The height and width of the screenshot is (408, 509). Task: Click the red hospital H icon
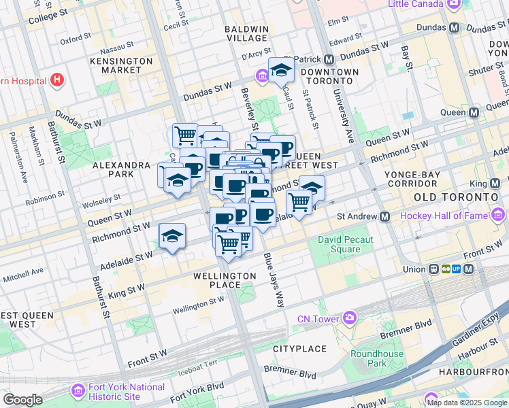[57, 80]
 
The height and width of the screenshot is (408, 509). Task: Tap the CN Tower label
[318, 319]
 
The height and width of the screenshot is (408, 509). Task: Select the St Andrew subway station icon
[385, 216]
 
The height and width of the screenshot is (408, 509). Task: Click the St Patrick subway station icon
[328, 59]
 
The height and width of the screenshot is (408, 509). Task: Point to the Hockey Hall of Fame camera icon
[500, 216]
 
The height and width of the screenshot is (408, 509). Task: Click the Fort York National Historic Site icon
[78, 392]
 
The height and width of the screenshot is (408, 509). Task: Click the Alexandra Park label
[121, 169]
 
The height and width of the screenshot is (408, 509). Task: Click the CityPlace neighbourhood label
[300, 349]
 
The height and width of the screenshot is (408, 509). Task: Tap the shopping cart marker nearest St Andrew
[299, 201]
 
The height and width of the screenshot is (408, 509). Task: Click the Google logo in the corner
[22, 400]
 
